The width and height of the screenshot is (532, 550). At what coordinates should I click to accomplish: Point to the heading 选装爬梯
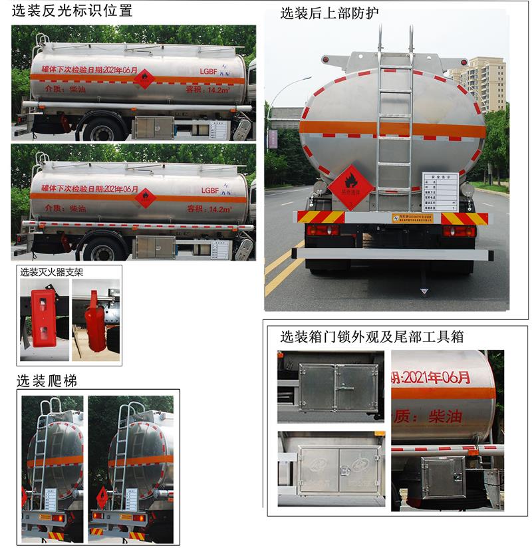[47, 381]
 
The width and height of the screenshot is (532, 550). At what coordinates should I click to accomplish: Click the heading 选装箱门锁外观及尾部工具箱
[372, 337]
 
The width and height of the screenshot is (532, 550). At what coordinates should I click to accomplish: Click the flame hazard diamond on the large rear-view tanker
[351, 184]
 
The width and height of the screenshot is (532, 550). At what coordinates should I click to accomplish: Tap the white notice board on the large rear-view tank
[440, 190]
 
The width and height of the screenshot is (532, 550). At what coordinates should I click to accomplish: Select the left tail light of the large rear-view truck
[323, 230]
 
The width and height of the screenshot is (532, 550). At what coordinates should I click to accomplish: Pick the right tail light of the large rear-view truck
[460, 231]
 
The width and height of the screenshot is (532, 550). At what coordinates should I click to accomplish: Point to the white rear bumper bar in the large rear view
[392, 253]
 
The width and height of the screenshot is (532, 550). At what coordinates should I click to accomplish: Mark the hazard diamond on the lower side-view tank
[146, 198]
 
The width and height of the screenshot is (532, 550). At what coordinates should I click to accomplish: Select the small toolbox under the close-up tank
[444, 477]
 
